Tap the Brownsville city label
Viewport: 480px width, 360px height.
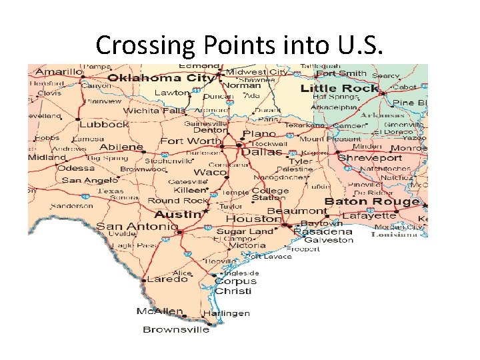tap(176, 329)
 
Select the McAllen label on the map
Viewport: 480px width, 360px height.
tap(160, 311)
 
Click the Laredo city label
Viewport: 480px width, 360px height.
tap(167, 279)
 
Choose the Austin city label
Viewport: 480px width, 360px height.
tap(177, 215)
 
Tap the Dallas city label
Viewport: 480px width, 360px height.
tap(261, 152)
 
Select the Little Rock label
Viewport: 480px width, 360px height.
tap(339, 88)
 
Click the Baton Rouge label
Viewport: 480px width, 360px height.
tap(371, 201)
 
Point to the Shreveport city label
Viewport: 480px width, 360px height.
tap(370, 158)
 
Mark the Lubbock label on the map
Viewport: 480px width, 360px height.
tap(103, 124)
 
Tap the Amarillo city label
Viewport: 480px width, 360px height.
tap(59, 71)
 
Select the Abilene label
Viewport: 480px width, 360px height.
tap(121, 147)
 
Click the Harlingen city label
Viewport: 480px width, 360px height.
tap(227, 313)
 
